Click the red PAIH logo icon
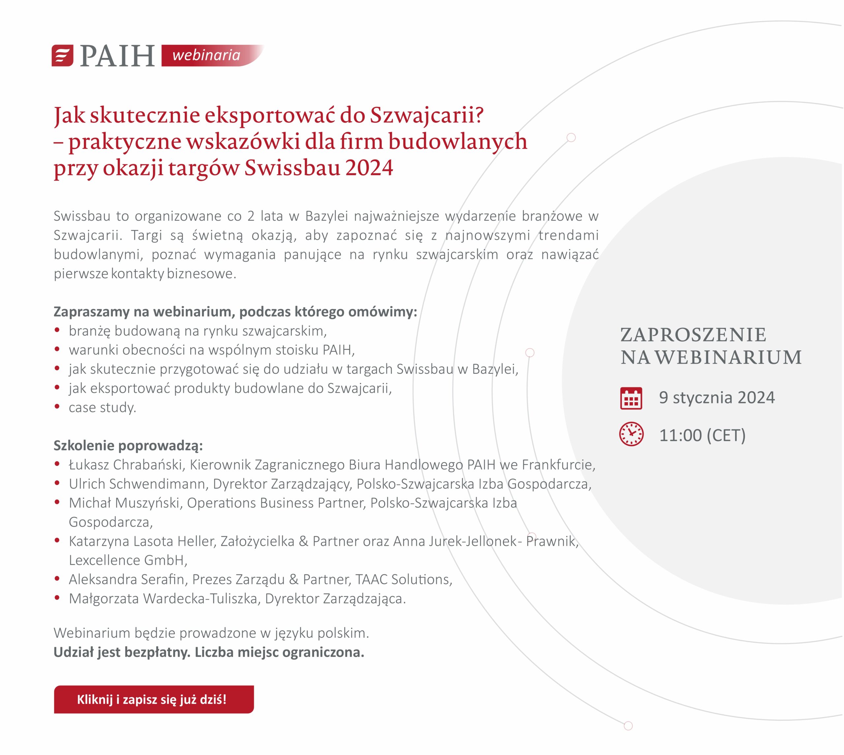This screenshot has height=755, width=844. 62,56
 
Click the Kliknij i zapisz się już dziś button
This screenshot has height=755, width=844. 154,699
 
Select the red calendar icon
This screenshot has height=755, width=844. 631,398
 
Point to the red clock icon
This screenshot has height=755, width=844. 631,434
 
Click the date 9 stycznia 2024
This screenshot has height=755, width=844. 717,397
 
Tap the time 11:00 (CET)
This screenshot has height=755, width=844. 702,435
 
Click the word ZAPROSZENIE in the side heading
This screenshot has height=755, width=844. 693,335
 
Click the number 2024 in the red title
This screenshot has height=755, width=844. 369,168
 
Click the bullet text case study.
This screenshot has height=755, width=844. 102,407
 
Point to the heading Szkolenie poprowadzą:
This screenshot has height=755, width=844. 128,446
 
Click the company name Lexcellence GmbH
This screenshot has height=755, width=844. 127,560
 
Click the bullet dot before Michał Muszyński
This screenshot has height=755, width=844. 57,502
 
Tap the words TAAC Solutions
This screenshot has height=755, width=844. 403,579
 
